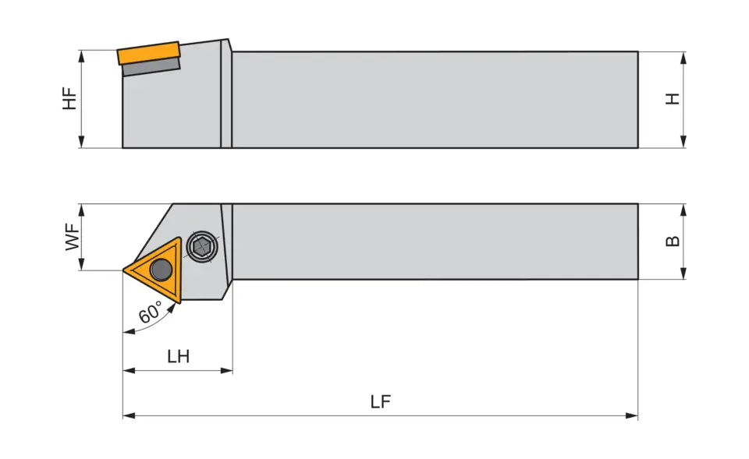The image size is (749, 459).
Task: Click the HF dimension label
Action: pos(70,99)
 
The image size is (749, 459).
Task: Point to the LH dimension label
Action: pos(178,357)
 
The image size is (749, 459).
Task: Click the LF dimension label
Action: pos(381,402)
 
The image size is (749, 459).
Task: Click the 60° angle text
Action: pos(151,312)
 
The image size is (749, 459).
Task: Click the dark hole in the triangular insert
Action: pos(162,270)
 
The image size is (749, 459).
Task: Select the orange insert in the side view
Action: pos(148,53)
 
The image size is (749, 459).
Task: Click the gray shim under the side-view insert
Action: pos(151,69)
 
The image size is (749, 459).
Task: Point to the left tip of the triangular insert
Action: pos(125,270)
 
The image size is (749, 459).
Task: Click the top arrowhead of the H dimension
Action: pos(683,57)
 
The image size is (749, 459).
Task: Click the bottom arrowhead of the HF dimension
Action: pos(81,142)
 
